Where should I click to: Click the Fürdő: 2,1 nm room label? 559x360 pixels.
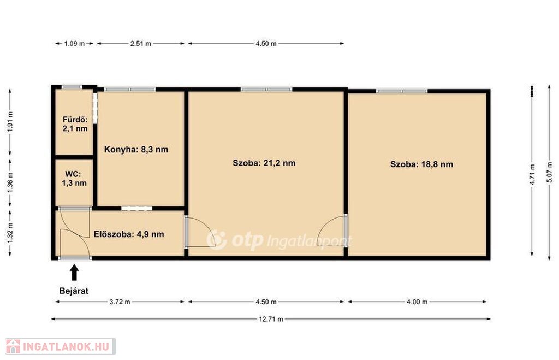(75, 124)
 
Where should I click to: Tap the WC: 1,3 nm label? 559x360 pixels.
(74, 179)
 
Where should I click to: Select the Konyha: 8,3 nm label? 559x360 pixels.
(136, 150)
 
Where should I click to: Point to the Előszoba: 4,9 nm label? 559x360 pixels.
(129, 234)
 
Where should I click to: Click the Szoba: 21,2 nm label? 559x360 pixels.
(264, 163)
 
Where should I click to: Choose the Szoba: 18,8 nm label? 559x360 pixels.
(421, 164)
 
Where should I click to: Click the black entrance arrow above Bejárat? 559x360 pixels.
(74, 272)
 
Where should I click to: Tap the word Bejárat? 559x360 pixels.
(74, 291)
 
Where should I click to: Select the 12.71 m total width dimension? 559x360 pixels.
(271, 319)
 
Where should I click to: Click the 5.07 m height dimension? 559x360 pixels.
(549, 173)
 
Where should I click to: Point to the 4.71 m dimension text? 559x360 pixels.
(532, 174)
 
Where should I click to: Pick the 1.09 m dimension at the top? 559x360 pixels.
(74, 44)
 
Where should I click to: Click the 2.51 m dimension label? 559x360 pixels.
(140, 44)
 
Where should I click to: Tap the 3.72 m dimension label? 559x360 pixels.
(120, 302)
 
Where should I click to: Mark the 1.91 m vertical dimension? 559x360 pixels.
(10, 122)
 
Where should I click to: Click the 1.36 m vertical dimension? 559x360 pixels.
(10, 182)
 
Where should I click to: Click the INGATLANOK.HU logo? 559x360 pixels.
(60, 346)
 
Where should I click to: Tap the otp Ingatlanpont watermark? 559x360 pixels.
(279, 240)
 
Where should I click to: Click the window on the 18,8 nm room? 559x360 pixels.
(401, 91)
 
